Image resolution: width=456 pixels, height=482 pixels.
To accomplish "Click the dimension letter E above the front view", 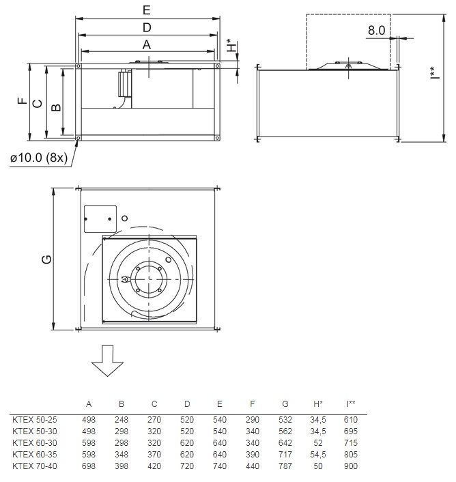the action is point(147,10).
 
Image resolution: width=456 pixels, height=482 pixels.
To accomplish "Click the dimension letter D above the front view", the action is point(147,28).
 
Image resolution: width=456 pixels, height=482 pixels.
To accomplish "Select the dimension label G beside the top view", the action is point(46,259).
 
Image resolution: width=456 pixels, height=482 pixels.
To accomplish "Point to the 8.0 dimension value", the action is point(376,31).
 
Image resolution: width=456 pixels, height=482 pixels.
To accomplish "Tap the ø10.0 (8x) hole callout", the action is point(39,158).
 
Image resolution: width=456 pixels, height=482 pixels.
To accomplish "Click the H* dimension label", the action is point(231,45).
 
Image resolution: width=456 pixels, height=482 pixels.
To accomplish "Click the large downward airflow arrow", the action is point(107,360).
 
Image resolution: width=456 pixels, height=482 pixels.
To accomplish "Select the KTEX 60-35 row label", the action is point(35,455).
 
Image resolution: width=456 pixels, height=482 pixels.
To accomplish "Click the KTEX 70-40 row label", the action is point(35,466).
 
